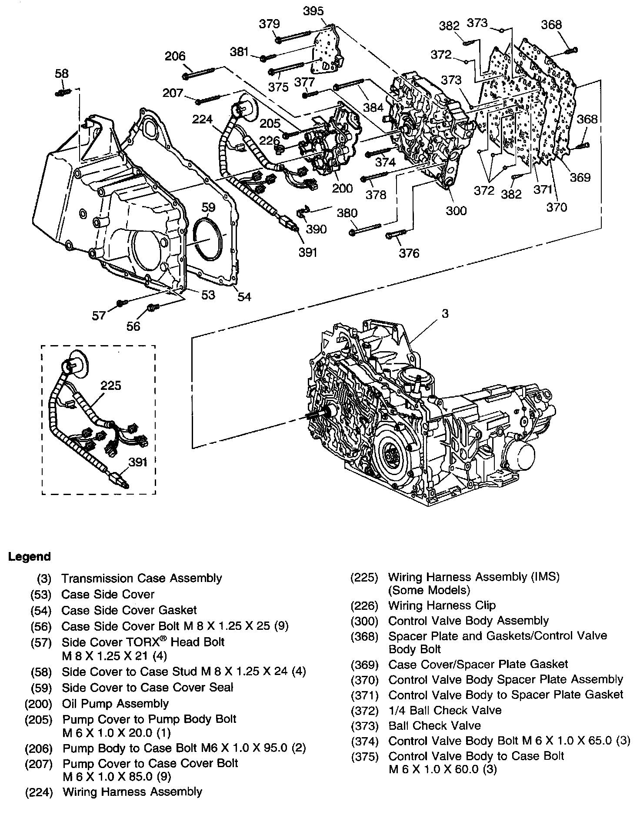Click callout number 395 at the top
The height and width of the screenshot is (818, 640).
(313, 11)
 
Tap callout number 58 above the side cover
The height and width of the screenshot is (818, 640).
(62, 74)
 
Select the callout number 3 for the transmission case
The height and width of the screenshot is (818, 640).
(445, 314)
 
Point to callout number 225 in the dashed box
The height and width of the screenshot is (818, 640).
(111, 386)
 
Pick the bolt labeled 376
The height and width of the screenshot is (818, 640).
(395, 235)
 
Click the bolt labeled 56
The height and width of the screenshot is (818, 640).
(153, 307)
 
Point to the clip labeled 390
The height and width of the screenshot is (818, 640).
(302, 212)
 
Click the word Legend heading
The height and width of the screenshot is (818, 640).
(30, 557)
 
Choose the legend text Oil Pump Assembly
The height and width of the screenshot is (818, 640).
(115, 704)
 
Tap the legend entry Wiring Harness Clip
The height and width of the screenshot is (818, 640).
(442, 605)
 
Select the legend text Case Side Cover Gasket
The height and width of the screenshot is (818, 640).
(129, 610)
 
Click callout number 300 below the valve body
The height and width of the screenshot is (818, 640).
(456, 211)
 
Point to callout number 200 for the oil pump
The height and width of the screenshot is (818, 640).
(342, 188)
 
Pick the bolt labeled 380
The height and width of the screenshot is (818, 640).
(365, 229)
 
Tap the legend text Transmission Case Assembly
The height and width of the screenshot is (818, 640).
(142, 579)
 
